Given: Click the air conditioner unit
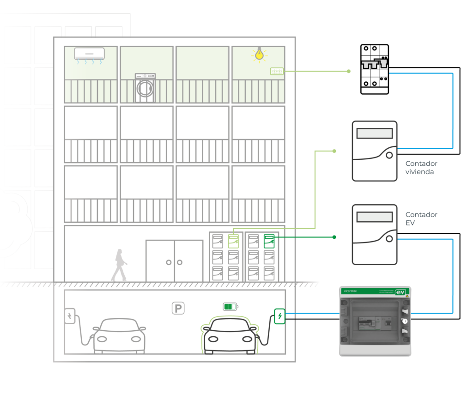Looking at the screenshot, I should (x=89, y=54).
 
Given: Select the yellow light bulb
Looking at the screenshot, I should (x=260, y=54).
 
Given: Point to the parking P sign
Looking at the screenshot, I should (x=178, y=308).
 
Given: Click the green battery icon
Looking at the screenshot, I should (x=230, y=307).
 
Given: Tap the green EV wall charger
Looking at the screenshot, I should (x=279, y=316).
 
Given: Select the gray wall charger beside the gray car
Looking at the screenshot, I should (x=70, y=316).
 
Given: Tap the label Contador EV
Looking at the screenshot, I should (x=421, y=219).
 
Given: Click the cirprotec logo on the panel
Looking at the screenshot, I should (x=352, y=291).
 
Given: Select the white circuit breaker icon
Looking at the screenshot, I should (x=374, y=69).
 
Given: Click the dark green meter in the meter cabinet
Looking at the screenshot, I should (x=269, y=241).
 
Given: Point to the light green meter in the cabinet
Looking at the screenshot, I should (x=233, y=241).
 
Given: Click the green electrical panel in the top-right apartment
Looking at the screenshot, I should (x=276, y=71).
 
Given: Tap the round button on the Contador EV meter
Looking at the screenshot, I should (x=389, y=238).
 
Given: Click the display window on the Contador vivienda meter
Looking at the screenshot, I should (x=375, y=133).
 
